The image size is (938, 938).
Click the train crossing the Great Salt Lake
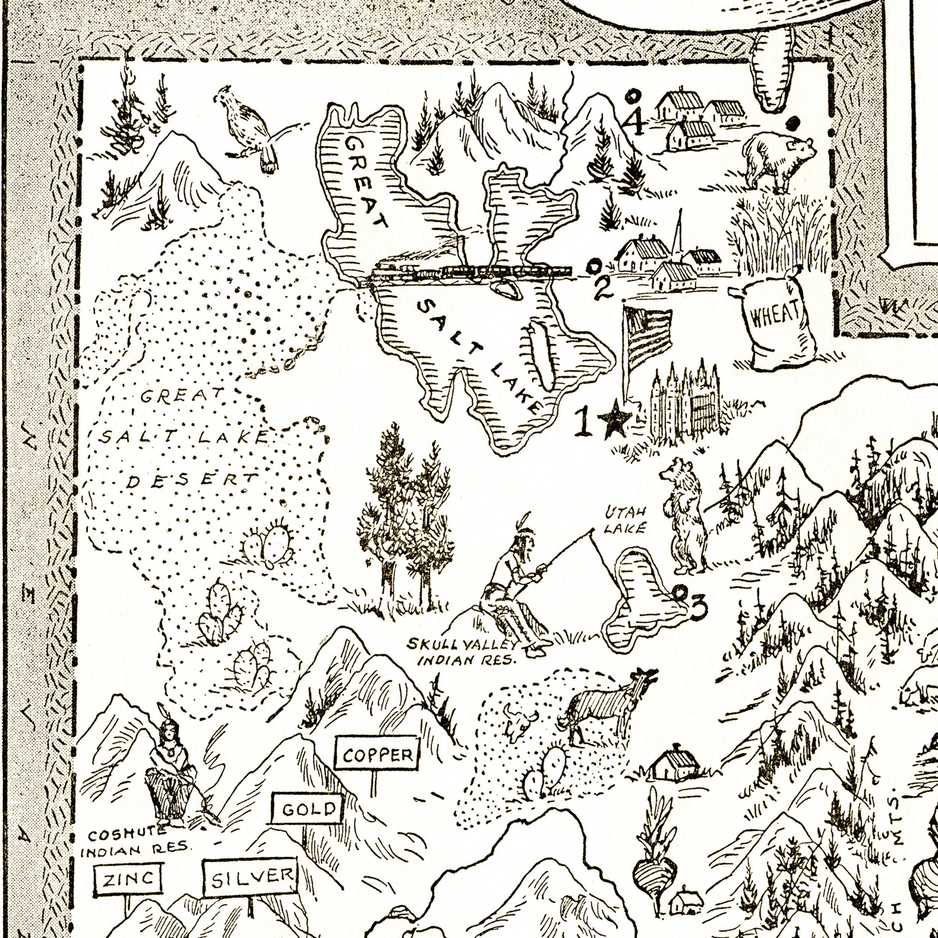coord(471,274)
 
